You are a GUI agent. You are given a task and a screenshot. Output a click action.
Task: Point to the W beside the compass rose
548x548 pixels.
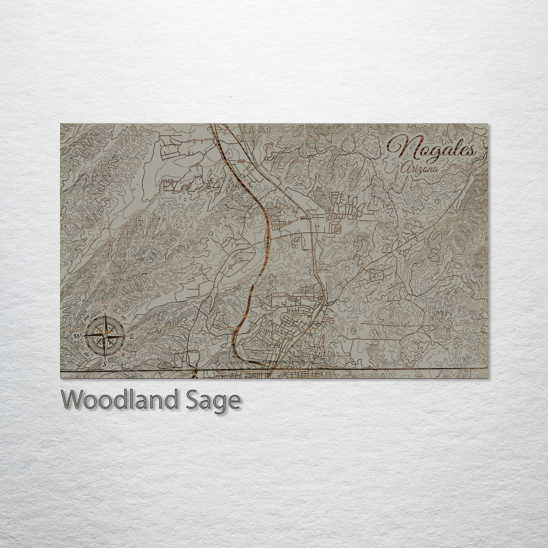click(76, 336)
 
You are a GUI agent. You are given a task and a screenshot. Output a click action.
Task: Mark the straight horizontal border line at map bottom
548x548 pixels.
click(379, 368)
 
